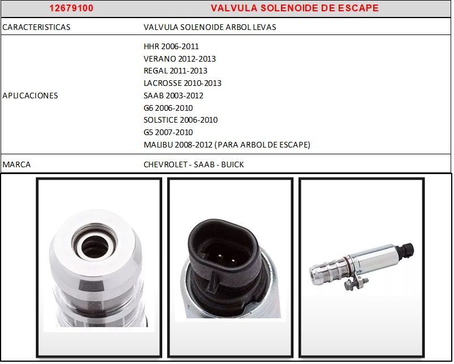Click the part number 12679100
[x=71, y=8]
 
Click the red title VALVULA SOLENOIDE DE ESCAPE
[x=295, y=8]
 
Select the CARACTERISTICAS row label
[x=36, y=27]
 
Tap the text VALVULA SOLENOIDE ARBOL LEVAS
[x=210, y=27]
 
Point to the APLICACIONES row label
[x=30, y=96]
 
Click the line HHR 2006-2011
[x=171, y=46]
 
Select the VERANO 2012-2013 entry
[x=180, y=59]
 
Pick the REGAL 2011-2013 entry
[x=175, y=71]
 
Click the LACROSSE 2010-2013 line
[x=183, y=83]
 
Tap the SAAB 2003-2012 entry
[x=174, y=96]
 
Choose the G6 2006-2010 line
[x=168, y=108]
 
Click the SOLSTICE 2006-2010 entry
[x=180, y=120]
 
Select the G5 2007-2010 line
[x=168, y=132]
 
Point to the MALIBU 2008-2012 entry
[x=227, y=144]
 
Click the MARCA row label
[x=16, y=164]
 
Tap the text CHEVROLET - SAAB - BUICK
[x=194, y=164]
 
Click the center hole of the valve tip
[x=94, y=246]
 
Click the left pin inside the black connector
[x=220, y=256]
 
